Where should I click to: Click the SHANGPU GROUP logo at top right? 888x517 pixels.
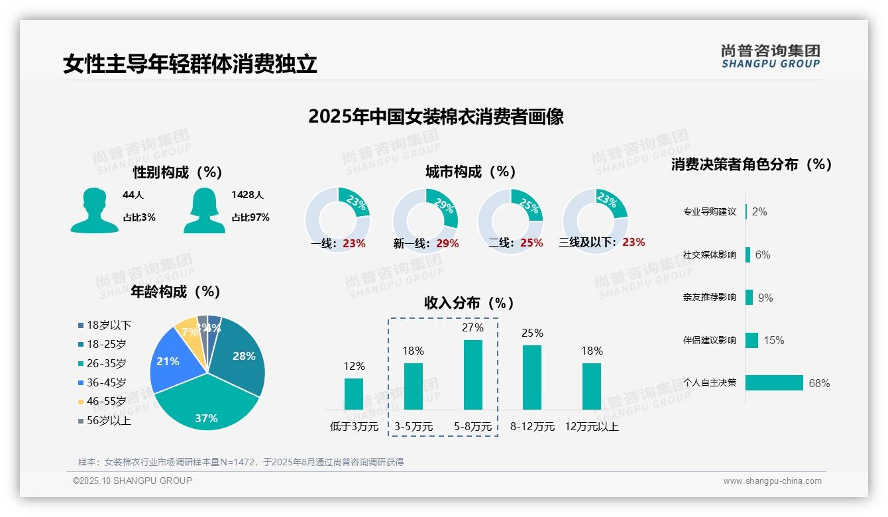point(770,56)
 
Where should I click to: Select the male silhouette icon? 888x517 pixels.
point(94,210)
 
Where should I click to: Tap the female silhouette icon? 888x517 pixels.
point(204,210)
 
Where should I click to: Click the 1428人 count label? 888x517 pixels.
point(247,195)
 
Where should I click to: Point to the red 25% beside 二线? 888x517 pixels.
point(531,243)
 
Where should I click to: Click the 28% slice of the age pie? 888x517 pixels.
point(242,358)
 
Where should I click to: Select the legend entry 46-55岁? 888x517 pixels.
point(106,402)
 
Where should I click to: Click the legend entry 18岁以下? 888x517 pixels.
point(109,325)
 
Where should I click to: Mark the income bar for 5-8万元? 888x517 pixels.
point(473,375)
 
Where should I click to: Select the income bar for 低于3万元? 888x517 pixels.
point(354,394)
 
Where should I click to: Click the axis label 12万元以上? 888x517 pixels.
point(592,427)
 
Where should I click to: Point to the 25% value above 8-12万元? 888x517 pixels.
point(532,333)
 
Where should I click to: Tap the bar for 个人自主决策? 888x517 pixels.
point(775,383)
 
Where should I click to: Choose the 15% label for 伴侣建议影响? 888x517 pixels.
point(773,340)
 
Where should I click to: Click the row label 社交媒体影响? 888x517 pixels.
point(709,255)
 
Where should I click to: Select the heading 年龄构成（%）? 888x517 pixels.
point(176,292)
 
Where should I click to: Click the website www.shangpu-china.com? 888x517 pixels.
point(772,481)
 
